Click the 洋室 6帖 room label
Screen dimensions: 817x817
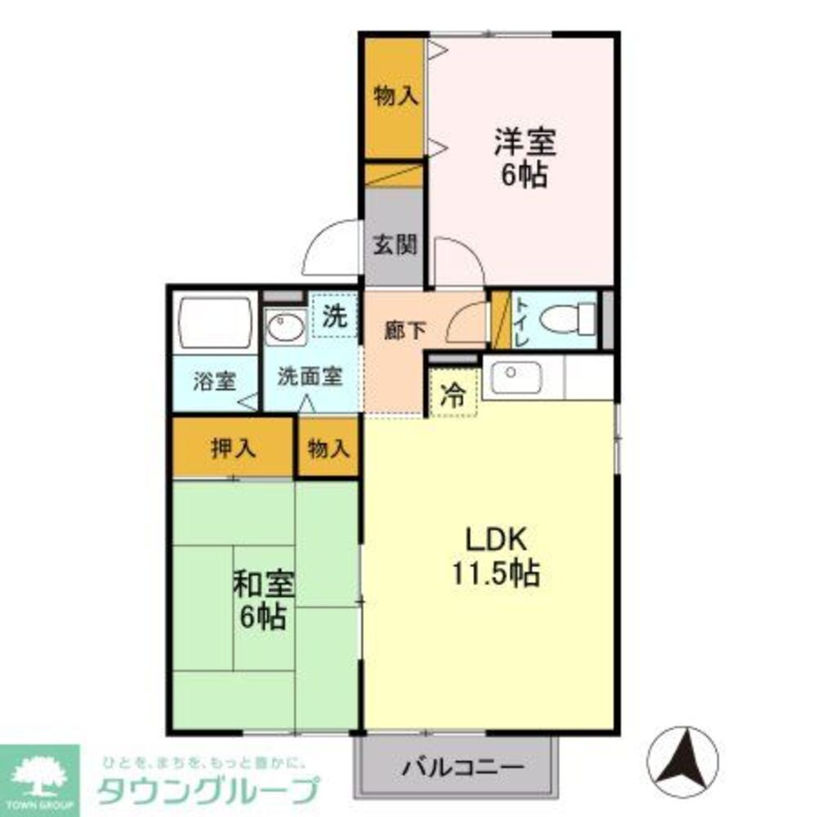tap(524, 158)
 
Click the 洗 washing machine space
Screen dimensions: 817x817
tap(333, 316)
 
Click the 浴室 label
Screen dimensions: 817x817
tap(214, 381)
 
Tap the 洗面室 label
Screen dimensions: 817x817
tap(309, 377)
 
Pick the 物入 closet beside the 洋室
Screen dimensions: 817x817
tap(395, 97)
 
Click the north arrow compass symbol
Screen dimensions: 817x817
tap(683, 761)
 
